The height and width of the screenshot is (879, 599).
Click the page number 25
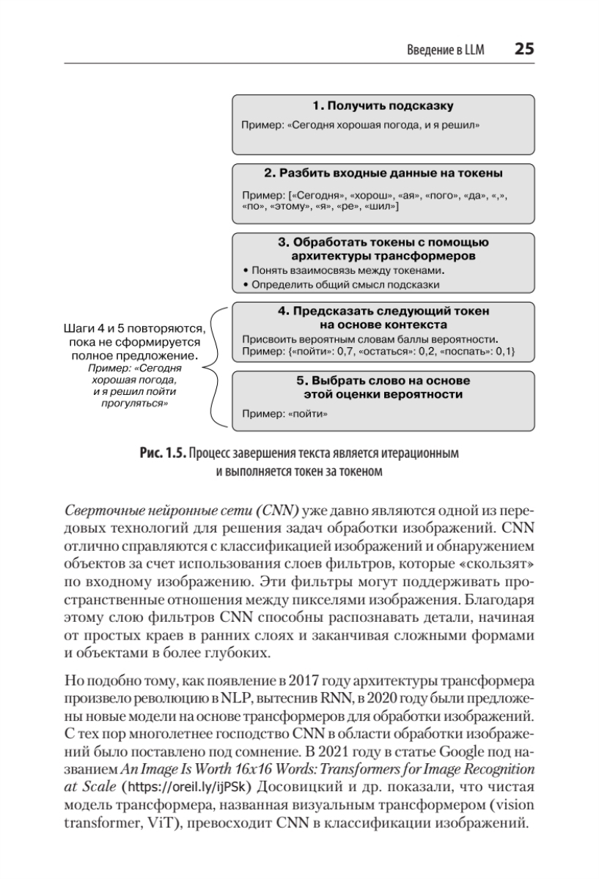coord(524,49)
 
